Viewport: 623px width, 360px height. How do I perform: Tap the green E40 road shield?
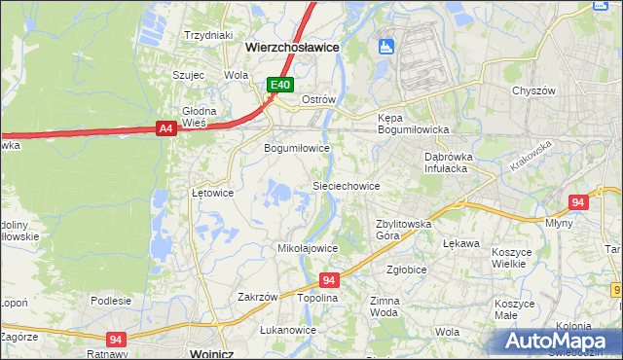[280, 86]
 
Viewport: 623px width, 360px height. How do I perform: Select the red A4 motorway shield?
[165, 127]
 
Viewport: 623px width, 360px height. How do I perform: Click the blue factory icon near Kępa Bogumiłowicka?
[386, 46]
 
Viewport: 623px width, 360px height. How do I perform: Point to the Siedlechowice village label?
[345, 185]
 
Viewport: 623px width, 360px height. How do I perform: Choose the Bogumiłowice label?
[297, 148]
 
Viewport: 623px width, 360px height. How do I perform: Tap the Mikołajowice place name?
[309, 248]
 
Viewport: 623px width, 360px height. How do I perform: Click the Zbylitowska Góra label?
[403, 230]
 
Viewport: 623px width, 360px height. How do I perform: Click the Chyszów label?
[533, 90]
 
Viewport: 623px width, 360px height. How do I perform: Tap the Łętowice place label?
[212, 193]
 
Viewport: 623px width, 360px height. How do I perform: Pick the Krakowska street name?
[530, 155]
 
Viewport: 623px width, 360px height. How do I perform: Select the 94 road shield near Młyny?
[578, 202]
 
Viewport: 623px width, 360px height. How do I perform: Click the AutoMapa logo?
[560, 341]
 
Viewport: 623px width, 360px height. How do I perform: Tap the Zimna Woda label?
[385, 307]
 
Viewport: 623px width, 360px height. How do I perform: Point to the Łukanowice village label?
[288, 330]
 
